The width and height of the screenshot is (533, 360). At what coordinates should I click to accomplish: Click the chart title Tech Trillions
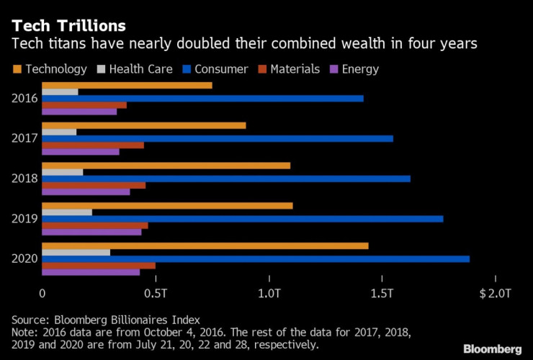69,26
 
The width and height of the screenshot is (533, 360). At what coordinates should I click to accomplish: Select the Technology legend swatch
17,70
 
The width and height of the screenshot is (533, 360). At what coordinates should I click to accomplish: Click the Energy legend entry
355,70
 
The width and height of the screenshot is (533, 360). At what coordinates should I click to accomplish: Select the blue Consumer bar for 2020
256,259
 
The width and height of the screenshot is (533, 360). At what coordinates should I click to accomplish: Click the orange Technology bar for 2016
127,86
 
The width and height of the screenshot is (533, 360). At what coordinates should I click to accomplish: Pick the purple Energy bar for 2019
91,232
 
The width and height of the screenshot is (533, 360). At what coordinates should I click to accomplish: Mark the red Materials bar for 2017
93,145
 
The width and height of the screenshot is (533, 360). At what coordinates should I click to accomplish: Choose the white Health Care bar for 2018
63,172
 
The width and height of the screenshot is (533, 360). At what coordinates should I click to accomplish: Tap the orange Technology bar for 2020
205,246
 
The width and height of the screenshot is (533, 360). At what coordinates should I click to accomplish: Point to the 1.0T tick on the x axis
269,294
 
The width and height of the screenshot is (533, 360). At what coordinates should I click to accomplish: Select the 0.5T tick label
155,294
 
